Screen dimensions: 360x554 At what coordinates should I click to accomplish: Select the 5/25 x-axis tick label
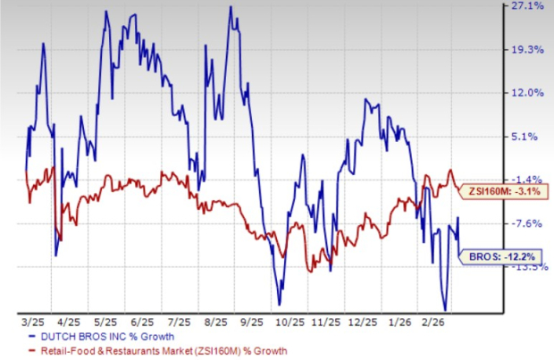point(105,319)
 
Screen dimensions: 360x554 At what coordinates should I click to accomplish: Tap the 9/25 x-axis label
point(252,319)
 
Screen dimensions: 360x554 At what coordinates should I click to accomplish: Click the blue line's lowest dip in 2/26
point(442,309)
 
